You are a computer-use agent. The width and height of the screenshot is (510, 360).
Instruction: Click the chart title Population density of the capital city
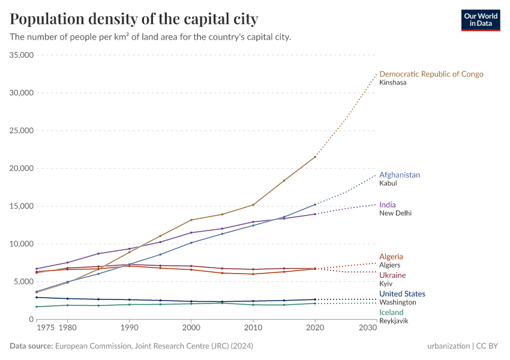134,19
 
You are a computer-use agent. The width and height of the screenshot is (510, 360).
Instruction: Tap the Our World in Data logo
481,20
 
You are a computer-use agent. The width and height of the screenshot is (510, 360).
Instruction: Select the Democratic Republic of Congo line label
431,74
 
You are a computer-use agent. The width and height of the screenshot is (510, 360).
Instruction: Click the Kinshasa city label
392,83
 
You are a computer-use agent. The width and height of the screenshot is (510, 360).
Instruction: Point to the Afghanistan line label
399,175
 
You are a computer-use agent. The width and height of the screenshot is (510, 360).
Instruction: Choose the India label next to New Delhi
387,205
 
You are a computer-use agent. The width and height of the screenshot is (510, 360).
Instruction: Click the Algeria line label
391,256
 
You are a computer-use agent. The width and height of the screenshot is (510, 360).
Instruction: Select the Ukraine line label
392,275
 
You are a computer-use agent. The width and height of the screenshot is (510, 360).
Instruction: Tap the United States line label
402,294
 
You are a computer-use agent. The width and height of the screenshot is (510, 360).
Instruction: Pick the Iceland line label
391,312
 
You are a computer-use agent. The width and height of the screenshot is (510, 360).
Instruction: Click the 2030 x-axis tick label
368,328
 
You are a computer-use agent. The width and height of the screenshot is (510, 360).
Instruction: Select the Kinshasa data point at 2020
315,157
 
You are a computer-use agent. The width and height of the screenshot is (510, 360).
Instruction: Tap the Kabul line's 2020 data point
315,205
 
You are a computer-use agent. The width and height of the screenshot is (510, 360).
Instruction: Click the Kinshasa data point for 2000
191,220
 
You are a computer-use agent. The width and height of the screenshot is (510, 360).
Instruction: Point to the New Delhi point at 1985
98,254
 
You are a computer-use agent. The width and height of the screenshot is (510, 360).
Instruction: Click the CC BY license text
490,346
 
